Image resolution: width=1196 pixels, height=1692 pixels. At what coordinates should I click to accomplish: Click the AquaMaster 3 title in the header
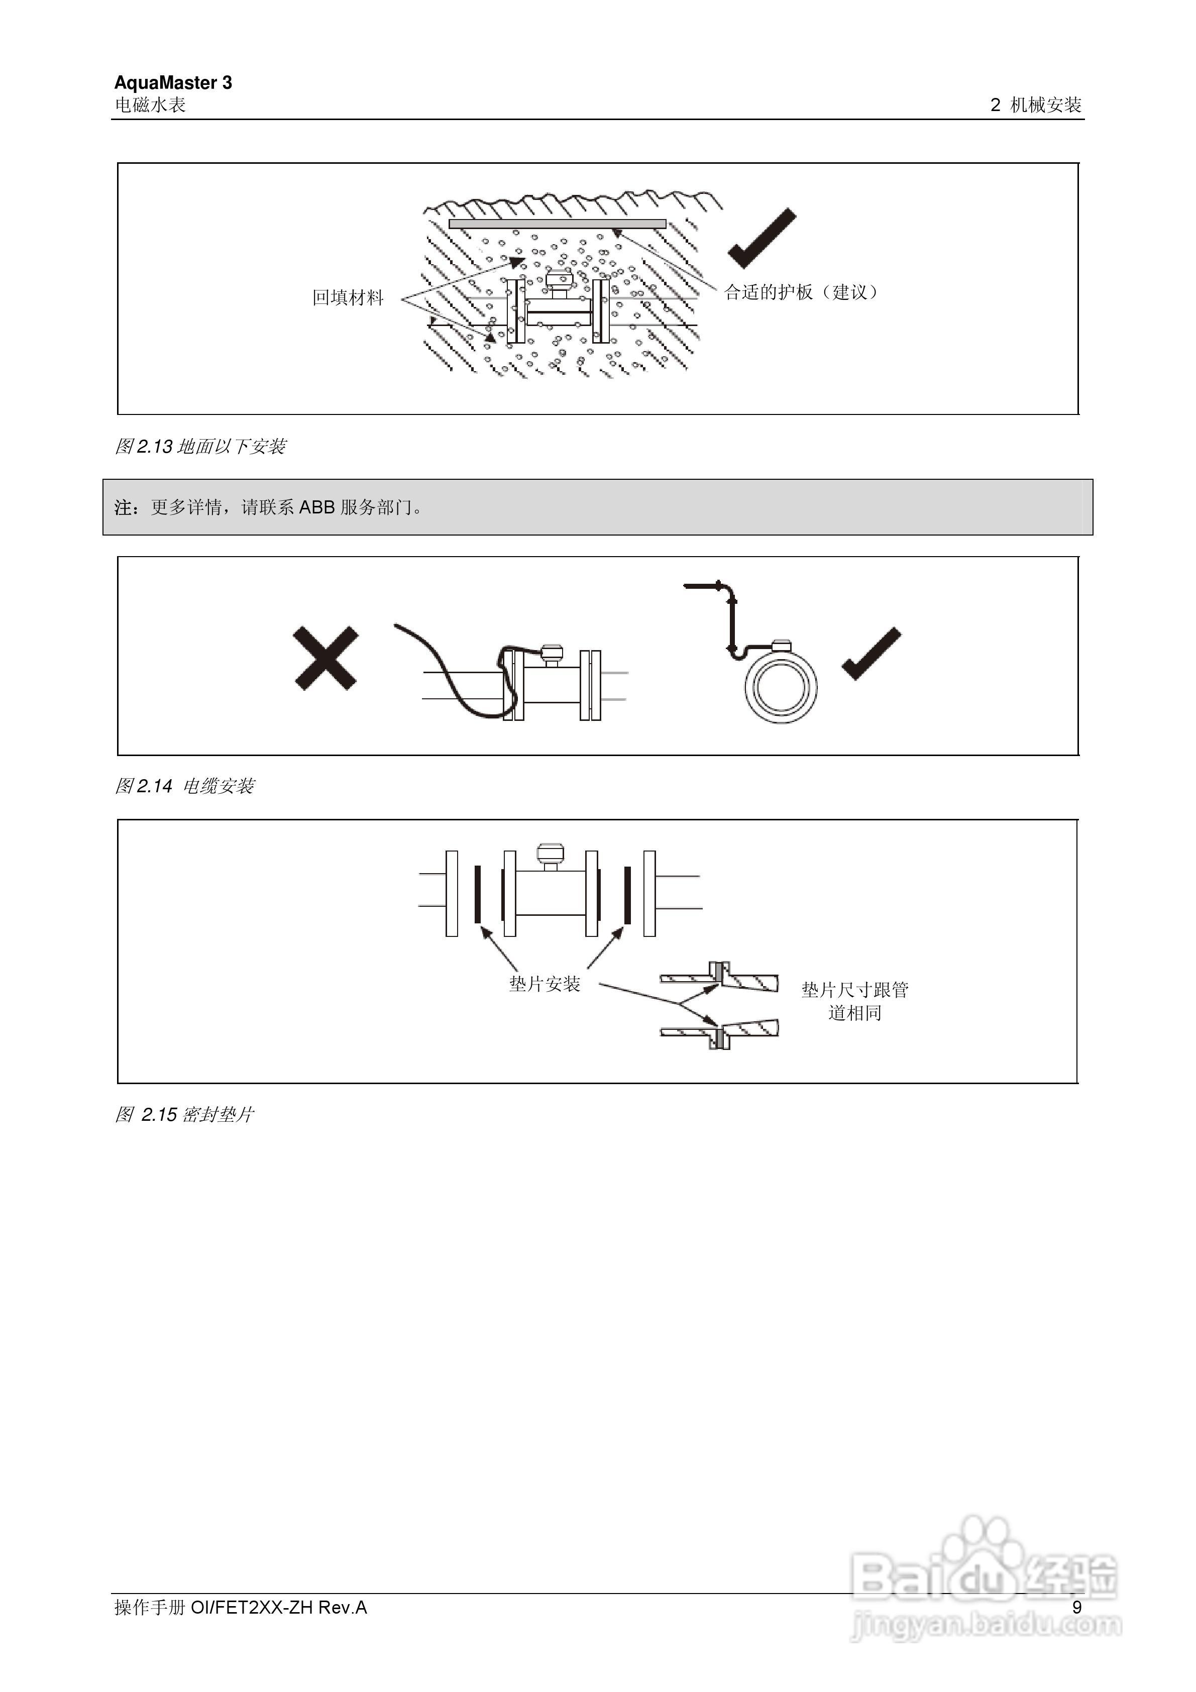(173, 82)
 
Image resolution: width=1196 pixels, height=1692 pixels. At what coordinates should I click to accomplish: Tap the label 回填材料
(348, 298)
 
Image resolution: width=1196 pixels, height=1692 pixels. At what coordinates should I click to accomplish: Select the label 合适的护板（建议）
(801, 292)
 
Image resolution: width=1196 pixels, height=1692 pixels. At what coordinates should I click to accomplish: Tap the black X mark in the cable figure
(325, 658)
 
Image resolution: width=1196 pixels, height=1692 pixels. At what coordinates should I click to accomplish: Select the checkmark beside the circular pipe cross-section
(871, 655)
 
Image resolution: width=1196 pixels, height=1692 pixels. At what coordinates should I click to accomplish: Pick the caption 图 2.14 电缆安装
(184, 786)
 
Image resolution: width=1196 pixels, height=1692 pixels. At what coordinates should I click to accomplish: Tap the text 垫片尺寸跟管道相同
(855, 1001)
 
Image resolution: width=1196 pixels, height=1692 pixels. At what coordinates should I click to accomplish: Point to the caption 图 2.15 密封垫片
(184, 1115)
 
